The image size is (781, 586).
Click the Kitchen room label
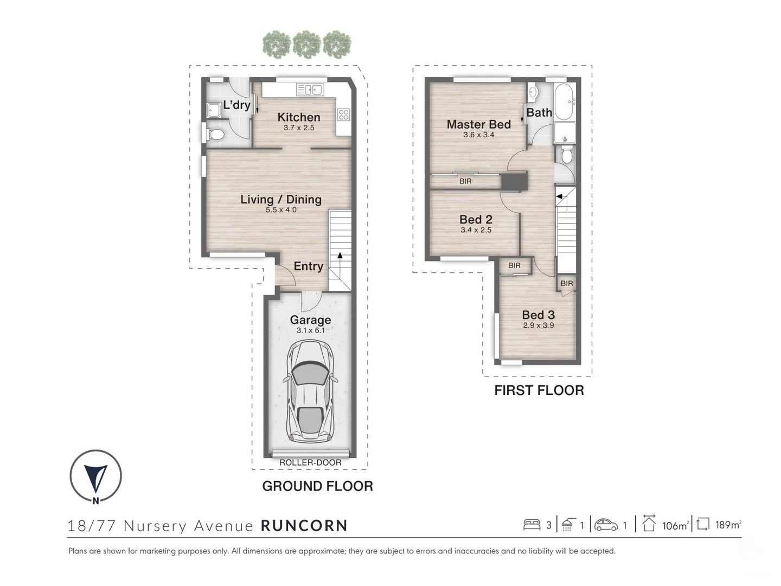tap(298, 117)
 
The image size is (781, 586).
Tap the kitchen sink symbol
tap(310, 90)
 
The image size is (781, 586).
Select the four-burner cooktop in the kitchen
tap(344, 114)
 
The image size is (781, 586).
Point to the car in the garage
tap(310, 391)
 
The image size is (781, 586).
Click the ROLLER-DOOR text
tap(310, 462)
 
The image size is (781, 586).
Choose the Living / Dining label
tap(281, 199)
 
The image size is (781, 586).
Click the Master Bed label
tap(478, 124)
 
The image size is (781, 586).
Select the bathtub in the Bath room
tap(564, 102)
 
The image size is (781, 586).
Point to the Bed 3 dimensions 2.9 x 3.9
tap(539, 325)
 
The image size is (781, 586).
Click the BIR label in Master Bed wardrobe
tap(465, 181)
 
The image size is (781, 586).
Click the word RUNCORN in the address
tap(304, 526)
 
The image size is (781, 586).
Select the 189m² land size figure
tap(729, 525)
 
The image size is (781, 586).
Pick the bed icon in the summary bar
tap(532, 525)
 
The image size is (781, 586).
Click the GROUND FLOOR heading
tap(317, 486)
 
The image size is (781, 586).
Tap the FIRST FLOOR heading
tap(539, 390)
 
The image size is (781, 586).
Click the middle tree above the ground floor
tap(307, 44)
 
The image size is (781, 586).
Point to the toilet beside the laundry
tap(215, 135)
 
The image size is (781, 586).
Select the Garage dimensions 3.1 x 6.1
tap(311, 330)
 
